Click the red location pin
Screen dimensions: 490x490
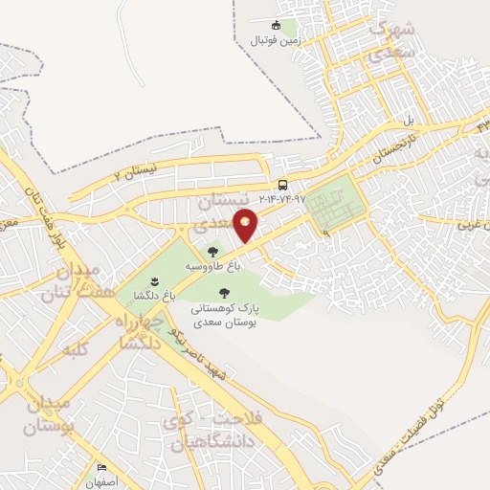[x=246, y=225]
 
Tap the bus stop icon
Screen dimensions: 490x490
[x=282, y=185]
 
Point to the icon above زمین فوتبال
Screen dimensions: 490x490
[x=277, y=26]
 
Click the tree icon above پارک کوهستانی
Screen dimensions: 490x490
[x=224, y=295]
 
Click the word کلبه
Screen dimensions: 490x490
[x=76, y=350]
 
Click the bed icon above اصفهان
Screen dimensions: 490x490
[x=102, y=468]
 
